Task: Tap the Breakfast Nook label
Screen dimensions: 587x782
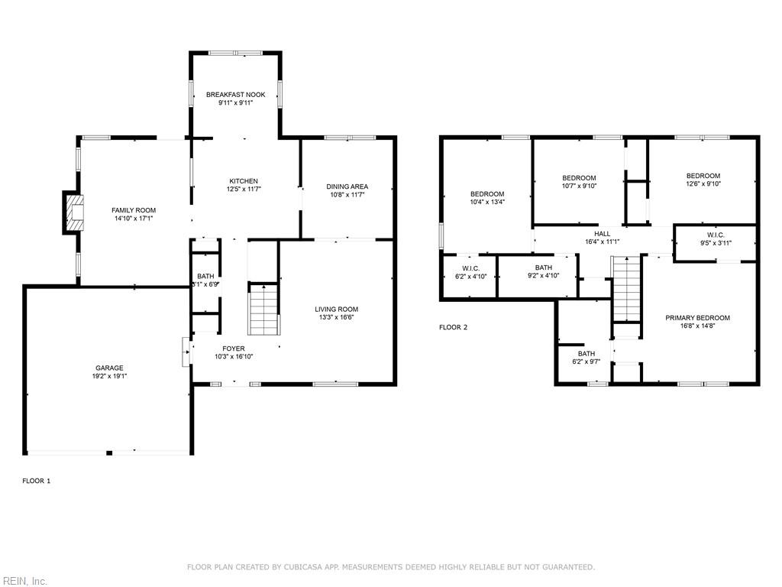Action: [x=235, y=95]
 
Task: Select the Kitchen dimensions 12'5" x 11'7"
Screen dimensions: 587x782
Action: [x=243, y=189]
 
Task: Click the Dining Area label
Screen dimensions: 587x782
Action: [x=347, y=186]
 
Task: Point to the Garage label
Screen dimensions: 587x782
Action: [x=109, y=368]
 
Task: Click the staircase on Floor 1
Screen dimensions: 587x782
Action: [x=264, y=309]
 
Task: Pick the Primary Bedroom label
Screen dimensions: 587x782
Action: [x=697, y=318]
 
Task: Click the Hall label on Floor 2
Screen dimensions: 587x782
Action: [x=603, y=234]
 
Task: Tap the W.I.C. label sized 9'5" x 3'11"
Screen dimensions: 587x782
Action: [x=716, y=235]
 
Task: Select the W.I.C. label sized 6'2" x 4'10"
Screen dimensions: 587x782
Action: [x=470, y=268]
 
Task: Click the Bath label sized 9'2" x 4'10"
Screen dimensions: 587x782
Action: [x=543, y=268]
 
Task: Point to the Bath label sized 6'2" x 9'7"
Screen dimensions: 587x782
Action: [x=586, y=354]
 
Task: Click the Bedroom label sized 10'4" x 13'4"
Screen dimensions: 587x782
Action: [x=486, y=193]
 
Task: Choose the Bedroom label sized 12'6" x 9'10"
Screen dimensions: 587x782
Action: [x=703, y=176]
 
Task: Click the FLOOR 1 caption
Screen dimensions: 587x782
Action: [x=36, y=481]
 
